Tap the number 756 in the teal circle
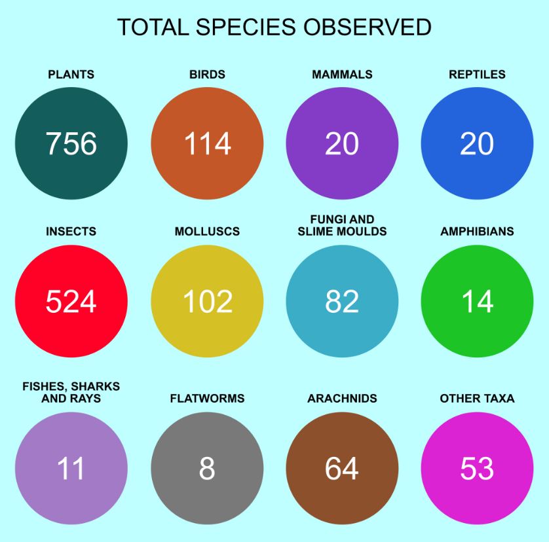(71, 144)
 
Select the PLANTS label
(71, 75)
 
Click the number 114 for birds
(207, 144)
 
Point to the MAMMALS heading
(342, 75)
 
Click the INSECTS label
(71, 232)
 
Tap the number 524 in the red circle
(71, 302)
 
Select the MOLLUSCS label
(207, 232)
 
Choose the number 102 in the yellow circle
(207, 302)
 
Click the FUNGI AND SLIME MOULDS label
(342, 225)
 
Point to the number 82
(342, 302)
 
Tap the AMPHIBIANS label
(477, 232)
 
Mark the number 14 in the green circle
(477, 302)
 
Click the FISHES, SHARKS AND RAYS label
(71, 392)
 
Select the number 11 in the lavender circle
(71, 469)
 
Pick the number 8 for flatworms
(207, 469)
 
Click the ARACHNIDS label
(342, 399)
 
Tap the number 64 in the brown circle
(342, 469)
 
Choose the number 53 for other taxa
(477, 469)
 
